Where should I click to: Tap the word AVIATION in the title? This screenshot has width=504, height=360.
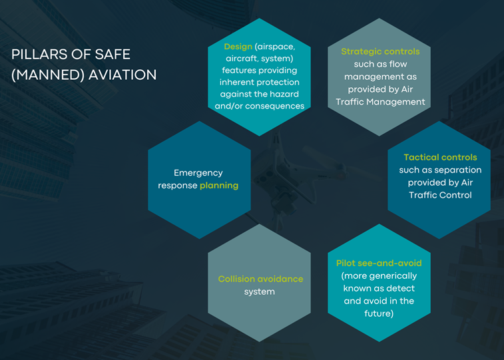[x=122, y=75]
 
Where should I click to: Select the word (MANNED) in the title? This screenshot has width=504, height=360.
[x=48, y=75]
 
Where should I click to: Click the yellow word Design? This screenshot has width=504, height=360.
[x=238, y=47]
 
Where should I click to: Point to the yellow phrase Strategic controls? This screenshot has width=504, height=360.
[x=380, y=51]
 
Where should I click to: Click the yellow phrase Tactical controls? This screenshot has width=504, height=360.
[x=440, y=157]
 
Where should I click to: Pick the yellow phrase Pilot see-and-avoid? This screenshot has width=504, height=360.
[x=379, y=263]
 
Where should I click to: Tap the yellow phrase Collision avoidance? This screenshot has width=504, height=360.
[x=260, y=279]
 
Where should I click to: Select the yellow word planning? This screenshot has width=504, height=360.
[x=219, y=186]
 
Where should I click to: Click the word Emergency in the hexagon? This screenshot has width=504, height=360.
[x=198, y=173]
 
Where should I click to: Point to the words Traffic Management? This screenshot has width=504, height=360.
[x=380, y=102]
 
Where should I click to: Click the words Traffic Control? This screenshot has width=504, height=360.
[x=440, y=195]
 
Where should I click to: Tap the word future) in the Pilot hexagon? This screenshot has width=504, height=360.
[x=379, y=313]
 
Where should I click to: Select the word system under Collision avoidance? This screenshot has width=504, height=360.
[x=260, y=292]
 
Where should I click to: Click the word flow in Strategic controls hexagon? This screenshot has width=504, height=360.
[x=398, y=65]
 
